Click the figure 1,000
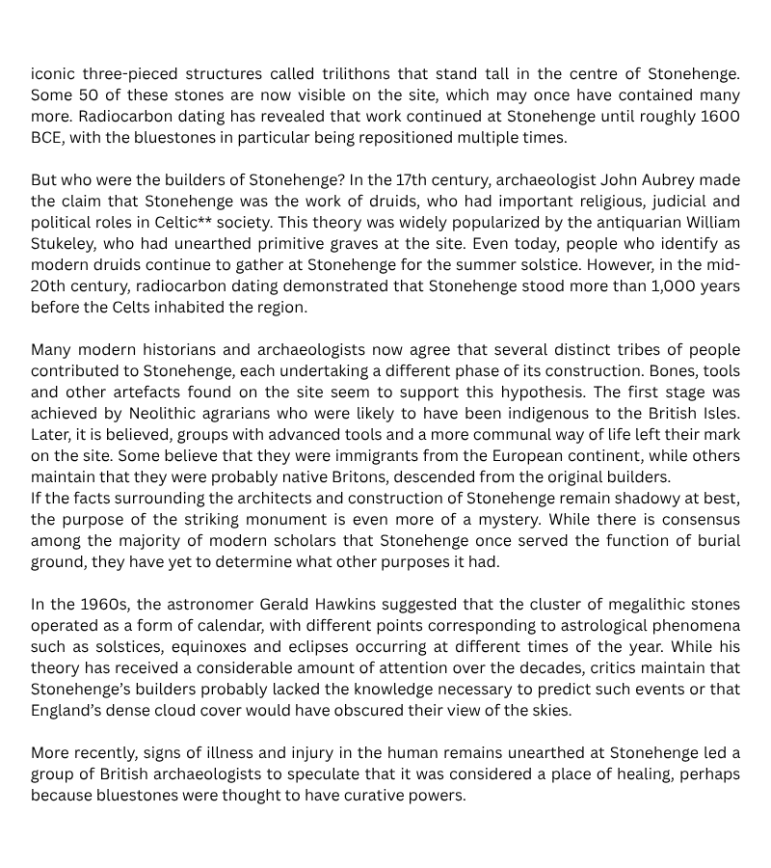pyautogui.click(x=651, y=286)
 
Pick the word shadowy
pyautogui.click(x=664, y=499)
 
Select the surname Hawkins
pyautogui.click(x=341, y=605)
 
